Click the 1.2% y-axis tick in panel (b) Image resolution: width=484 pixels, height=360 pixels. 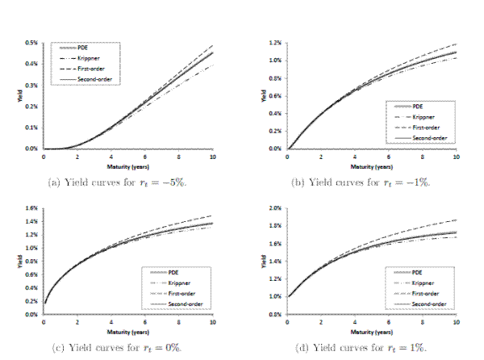(274, 42)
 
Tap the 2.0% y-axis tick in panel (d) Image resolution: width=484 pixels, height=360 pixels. (274, 208)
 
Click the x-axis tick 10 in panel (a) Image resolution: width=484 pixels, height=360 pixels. (213, 155)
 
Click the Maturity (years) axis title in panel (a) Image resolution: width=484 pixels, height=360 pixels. (128, 162)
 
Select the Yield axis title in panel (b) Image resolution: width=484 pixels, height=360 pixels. (263, 95)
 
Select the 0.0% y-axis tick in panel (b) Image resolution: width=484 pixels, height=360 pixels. (274, 149)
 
